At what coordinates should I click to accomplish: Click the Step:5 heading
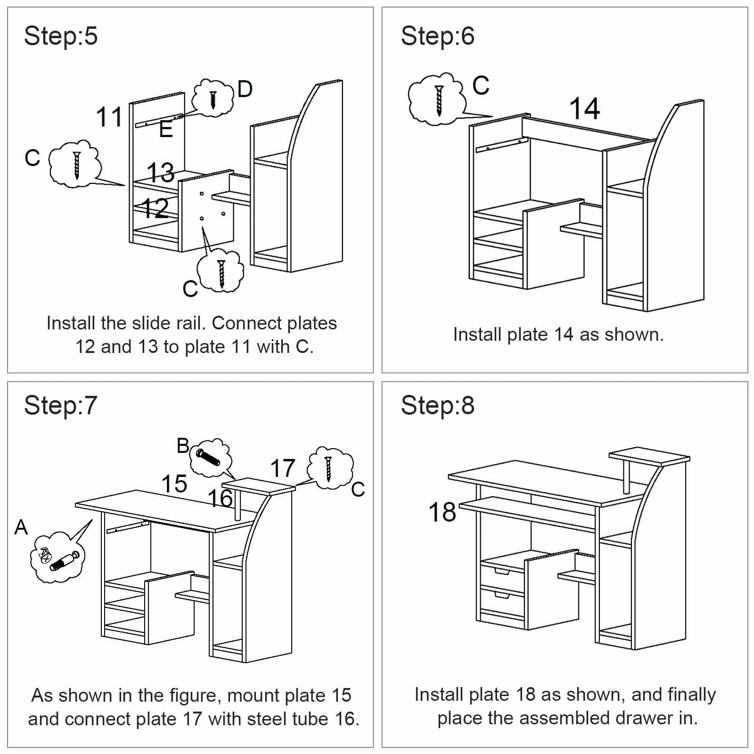click(60, 36)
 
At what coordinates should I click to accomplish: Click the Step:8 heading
click(437, 406)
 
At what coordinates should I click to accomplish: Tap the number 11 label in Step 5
click(109, 117)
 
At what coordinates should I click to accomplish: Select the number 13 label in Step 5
click(160, 172)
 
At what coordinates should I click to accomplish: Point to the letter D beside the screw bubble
click(245, 89)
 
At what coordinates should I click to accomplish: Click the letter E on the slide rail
click(166, 129)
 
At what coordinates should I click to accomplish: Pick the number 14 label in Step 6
click(584, 109)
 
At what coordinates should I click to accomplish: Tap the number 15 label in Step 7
click(174, 484)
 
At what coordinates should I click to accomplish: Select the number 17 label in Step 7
click(282, 468)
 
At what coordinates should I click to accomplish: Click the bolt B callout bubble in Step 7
click(210, 457)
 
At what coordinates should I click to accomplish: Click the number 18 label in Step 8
click(442, 512)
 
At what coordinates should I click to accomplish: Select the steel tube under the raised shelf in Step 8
click(627, 477)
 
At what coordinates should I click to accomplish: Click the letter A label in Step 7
click(21, 527)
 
